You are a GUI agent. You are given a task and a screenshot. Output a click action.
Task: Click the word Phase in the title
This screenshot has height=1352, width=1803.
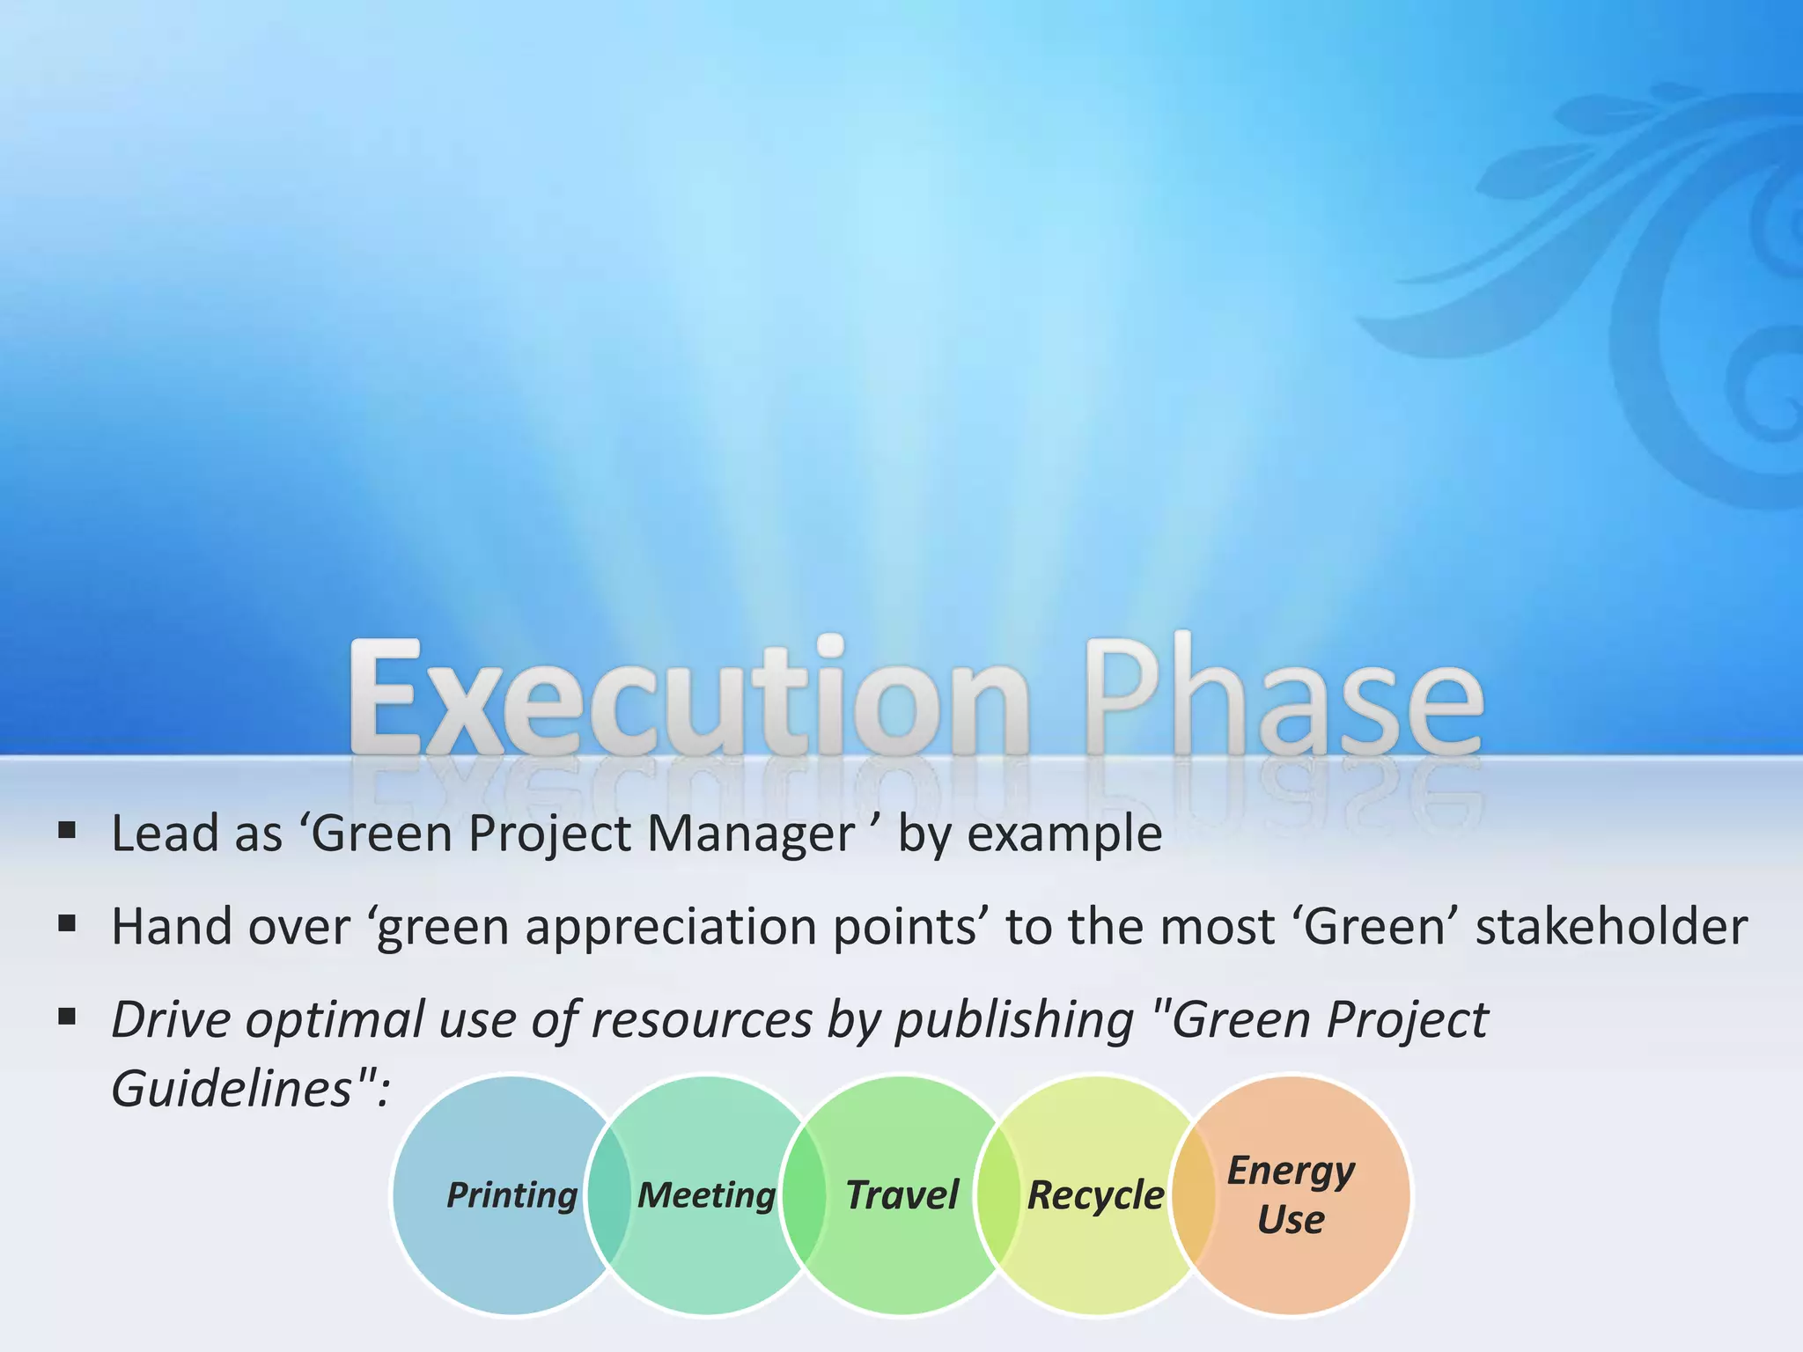(x=1284, y=700)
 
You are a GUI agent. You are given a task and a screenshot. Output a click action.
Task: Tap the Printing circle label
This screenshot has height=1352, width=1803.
(x=511, y=1195)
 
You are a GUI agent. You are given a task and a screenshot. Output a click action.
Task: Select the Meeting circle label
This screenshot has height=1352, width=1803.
(x=706, y=1195)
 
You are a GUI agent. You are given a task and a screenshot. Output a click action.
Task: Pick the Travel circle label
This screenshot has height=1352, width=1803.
(x=901, y=1195)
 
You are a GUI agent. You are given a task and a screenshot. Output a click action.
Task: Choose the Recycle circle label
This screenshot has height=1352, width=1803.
(x=1095, y=1195)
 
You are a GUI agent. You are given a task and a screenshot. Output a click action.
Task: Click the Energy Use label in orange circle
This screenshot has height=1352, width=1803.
(x=1291, y=1195)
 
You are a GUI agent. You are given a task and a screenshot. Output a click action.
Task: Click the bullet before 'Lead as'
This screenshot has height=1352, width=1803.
(x=67, y=830)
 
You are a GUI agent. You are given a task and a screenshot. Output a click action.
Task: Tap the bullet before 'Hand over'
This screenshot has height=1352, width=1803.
(x=67, y=924)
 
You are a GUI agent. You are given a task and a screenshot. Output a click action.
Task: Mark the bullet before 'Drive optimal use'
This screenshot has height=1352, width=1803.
(x=67, y=1018)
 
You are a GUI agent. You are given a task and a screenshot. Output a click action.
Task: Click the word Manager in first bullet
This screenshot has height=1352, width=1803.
(x=750, y=834)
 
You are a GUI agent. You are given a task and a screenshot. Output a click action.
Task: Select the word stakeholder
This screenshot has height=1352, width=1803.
(x=1611, y=927)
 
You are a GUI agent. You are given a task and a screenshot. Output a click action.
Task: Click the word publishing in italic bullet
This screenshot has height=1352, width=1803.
(x=1014, y=1021)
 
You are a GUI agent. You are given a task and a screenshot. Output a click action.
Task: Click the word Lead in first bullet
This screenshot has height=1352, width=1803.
(x=165, y=834)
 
